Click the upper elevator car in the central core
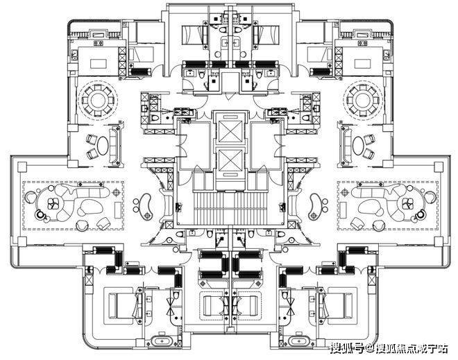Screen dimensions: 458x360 click(230, 131)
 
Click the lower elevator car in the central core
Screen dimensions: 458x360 click(230, 160)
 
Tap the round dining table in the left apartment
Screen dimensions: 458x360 click(98, 101)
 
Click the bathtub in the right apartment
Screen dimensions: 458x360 click(298, 341)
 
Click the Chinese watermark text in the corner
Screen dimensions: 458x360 click(389, 348)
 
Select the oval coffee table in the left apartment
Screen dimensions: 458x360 click(103, 146)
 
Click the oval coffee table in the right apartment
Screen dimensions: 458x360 click(358, 146)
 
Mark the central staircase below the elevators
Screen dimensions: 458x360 click(230, 208)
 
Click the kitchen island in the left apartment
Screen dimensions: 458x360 click(99, 63)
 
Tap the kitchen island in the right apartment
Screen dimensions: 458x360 click(362, 63)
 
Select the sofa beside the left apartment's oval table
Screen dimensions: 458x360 click(114, 146)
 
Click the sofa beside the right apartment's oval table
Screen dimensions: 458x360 click(346, 146)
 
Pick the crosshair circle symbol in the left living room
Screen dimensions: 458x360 click(117, 192)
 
